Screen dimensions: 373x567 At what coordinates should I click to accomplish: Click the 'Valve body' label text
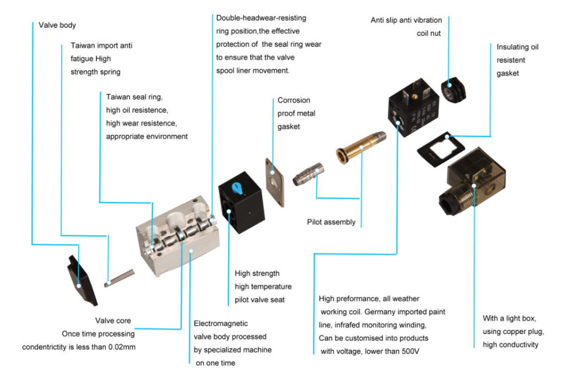57,25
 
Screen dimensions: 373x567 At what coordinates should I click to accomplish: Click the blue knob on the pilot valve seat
236,188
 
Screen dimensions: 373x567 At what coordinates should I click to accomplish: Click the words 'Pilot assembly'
331,222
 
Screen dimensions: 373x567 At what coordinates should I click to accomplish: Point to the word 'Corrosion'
294,100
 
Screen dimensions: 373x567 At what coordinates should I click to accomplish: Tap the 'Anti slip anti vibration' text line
406,20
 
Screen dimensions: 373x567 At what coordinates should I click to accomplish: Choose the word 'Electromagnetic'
221,324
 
